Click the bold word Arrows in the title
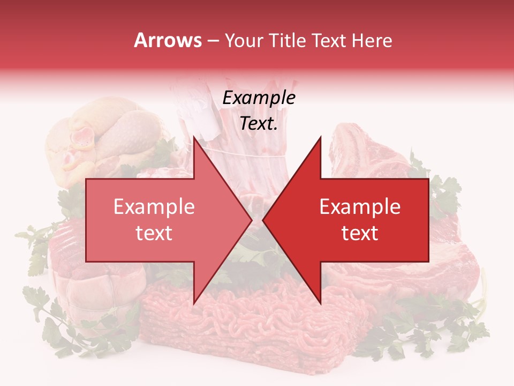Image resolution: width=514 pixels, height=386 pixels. click(167, 40)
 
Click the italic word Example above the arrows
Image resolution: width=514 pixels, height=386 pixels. click(259, 98)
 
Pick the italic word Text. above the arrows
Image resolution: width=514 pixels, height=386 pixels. click(259, 123)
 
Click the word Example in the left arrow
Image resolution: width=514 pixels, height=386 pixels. click(154, 206)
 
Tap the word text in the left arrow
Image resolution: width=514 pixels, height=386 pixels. click(154, 233)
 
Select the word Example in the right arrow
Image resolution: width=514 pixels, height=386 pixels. click(360, 206)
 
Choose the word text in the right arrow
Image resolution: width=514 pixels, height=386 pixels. click(360, 233)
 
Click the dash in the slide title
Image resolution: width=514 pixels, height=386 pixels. click(213, 41)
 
